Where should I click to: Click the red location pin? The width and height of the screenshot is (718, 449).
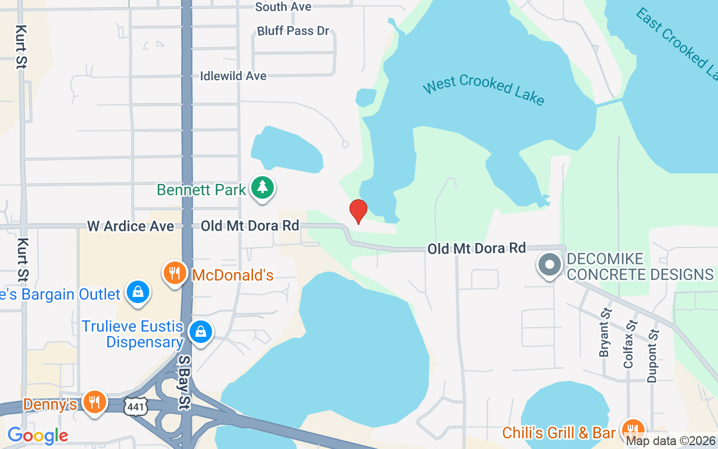(x=358, y=212)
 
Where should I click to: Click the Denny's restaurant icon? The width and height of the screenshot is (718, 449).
(x=95, y=402)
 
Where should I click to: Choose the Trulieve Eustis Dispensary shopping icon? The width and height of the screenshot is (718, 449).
(x=200, y=332)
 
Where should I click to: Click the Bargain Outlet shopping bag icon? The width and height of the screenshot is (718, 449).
(x=137, y=292)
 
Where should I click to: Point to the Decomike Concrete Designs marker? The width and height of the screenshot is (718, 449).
(x=550, y=264)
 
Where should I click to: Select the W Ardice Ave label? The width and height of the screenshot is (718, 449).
(x=131, y=226)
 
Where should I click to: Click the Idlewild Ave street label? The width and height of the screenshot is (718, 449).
(x=233, y=76)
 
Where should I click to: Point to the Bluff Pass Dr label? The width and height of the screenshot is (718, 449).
(x=293, y=31)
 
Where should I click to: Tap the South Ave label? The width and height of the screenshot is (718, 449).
(x=283, y=7)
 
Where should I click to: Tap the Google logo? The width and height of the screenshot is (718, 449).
(x=38, y=435)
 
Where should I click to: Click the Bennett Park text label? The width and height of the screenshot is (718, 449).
(x=201, y=190)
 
